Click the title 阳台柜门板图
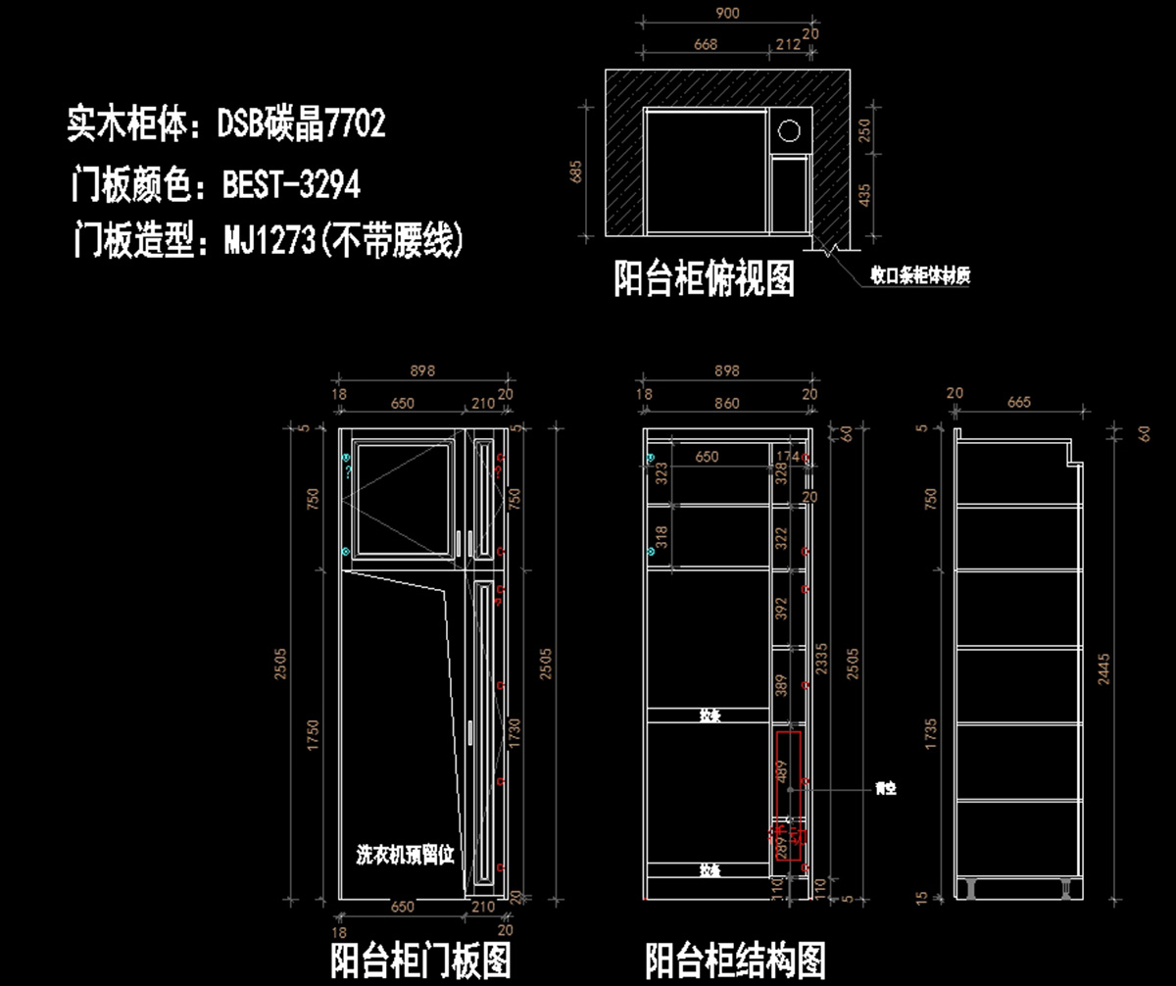pyautogui.click(x=420, y=960)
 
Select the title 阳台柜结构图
pyautogui.click(x=735, y=960)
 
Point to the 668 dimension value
pyautogui.click(x=705, y=44)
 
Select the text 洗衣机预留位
pyautogui.click(x=406, y=854)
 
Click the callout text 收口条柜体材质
pyautogui.click(x=921, y=275)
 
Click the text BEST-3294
pyautogui.click(x=291, y=183)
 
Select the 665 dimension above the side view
pyautogui.click(x=1019, y=402)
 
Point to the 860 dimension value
pyautogui.click(x=726, y=402)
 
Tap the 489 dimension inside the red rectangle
pyautogui.click(x=782, y=770)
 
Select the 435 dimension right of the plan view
pyautogui.click(x=864, y=197)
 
